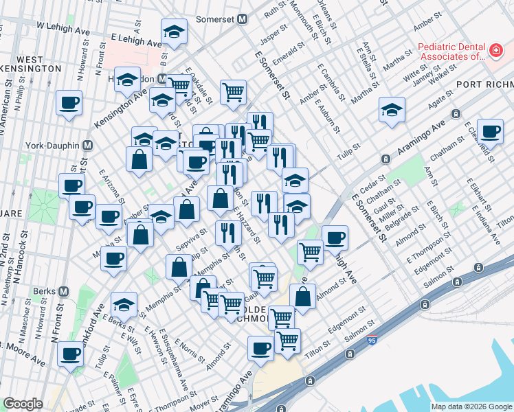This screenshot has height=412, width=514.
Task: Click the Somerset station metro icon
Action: coord(242,20)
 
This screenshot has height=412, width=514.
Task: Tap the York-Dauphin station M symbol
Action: coord(88,146)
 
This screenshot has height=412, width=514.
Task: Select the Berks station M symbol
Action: coord(64,291)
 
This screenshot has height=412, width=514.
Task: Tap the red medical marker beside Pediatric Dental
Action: coord(494,50)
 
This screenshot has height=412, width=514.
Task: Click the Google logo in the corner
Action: coord(23,404)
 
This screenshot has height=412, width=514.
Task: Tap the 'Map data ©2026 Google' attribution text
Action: coord(471,407)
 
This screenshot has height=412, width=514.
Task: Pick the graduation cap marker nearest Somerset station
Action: coord(175,32)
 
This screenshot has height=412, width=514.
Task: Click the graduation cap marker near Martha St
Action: coord(392,109)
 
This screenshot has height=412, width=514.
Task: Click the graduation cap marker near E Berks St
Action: coord(124,304)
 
